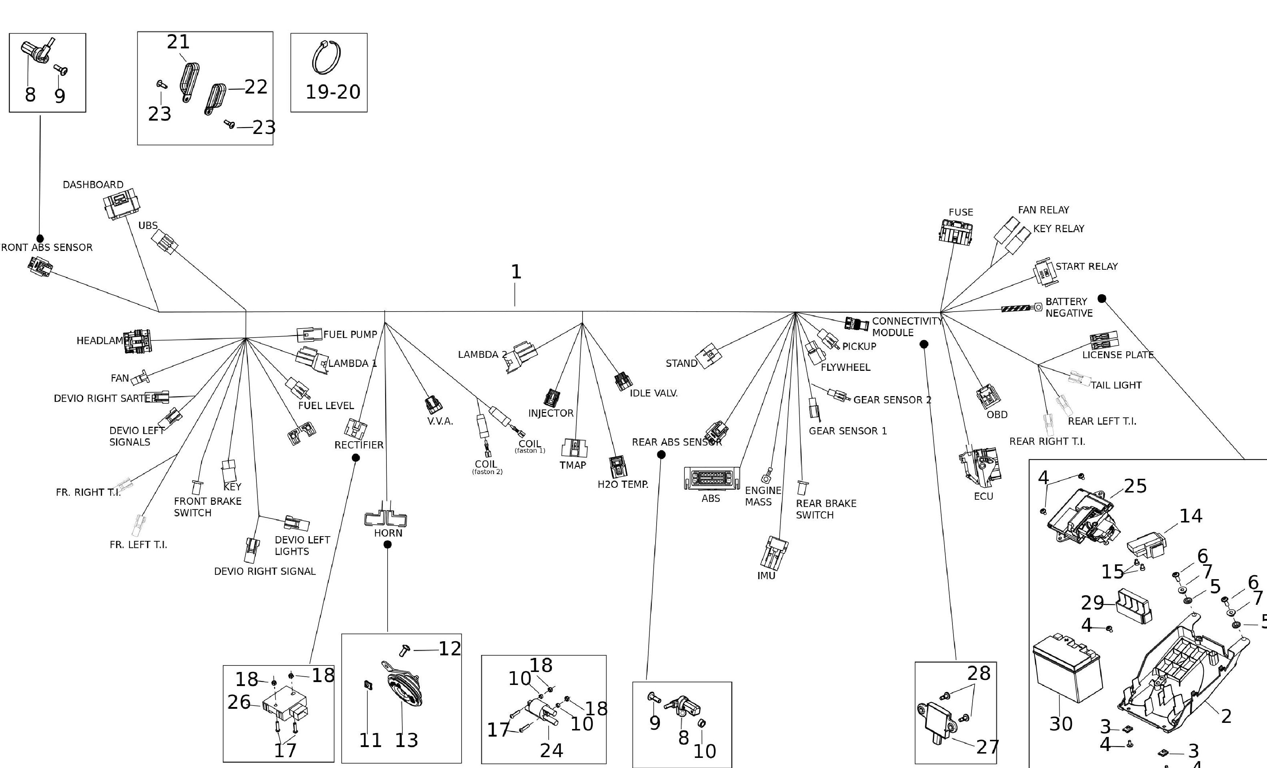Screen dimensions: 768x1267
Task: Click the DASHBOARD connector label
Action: [93, 185]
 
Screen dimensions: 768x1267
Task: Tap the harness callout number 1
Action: [516, 272]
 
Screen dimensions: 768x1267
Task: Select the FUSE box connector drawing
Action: [955, 231]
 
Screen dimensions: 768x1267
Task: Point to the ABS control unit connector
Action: [712, 478]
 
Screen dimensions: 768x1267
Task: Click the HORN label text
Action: [388, 533]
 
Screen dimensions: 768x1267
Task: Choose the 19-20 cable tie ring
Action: [327, 57]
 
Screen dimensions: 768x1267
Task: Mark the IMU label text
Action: [766, 576]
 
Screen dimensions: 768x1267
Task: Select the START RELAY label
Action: [1086, 266]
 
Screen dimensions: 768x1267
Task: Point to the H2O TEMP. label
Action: [623, 484]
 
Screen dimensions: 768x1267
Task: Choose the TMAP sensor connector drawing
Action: [574, 448]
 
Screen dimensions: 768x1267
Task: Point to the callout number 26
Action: [239, 702]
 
